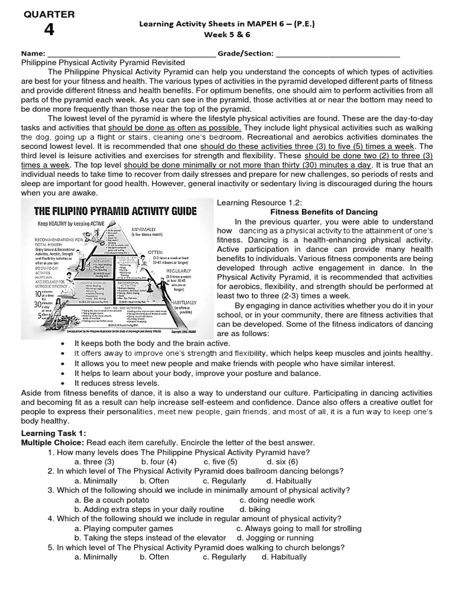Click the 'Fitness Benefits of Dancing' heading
(x=324, y=212)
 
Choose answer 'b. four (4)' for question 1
(x=159, y=461)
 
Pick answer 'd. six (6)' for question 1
(x=282, y=461)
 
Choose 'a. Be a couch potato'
(x=112, y=499)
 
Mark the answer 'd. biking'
(x=255, y=509)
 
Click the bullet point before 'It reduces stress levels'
(x=63, y=383)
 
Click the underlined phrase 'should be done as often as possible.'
(x=175, y=128)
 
